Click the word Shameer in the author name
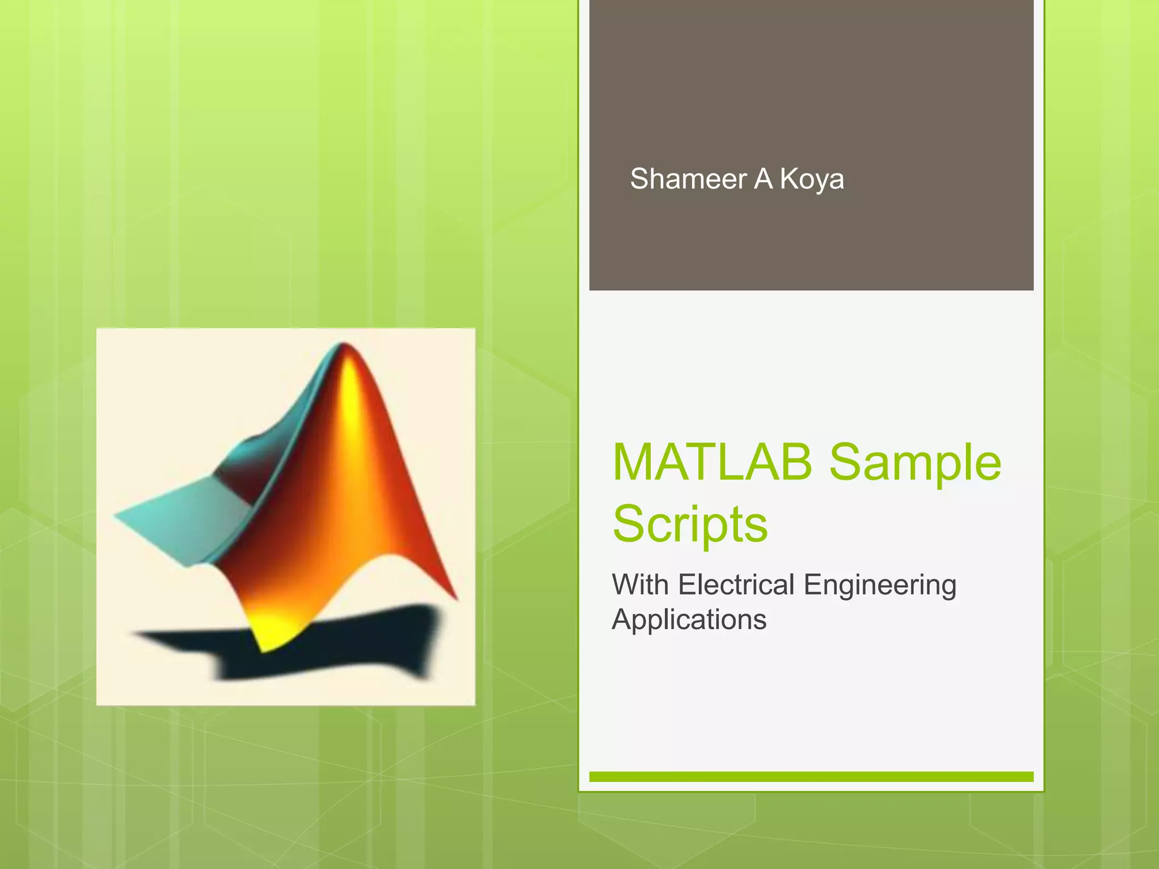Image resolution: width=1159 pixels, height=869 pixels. click(x=688, y=179)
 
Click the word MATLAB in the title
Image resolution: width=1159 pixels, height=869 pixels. click(x=712, y=462)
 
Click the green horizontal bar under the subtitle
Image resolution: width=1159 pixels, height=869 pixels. click(x=811, y=777)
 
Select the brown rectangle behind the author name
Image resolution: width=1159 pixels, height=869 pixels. click(x=811, y=85)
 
